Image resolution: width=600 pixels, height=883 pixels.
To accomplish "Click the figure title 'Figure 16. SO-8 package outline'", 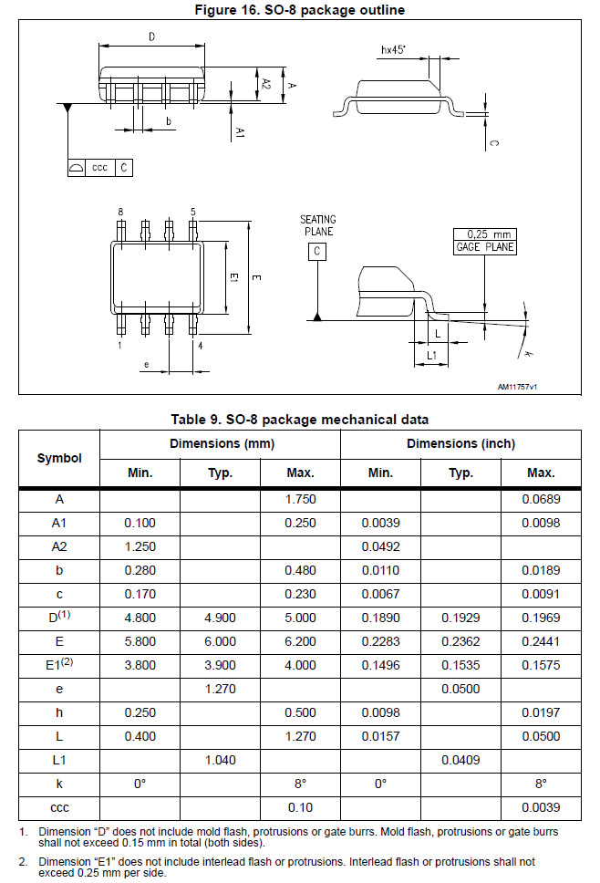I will (x=300, y=10).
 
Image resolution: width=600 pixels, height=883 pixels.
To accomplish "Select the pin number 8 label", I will (x=120, y=212).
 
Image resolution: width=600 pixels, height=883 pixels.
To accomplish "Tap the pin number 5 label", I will (x=192, y=212).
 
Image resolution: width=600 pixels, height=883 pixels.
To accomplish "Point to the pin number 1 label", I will (x=120, y=346).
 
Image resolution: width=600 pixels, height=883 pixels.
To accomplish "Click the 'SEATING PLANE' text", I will (x=317, y=225).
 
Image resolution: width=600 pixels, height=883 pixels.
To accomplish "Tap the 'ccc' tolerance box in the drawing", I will (x=99, y=168).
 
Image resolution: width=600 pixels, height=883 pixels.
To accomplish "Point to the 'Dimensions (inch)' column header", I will (x=460, y=444).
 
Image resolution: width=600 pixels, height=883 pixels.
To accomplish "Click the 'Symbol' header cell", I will (x=59, y=458).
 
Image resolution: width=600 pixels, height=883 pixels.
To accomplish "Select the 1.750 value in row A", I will (x=300, y=499).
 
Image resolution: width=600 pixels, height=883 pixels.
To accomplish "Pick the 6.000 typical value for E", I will (x=220, y=641).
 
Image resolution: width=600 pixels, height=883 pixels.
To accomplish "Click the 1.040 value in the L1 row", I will (x=220, y=760).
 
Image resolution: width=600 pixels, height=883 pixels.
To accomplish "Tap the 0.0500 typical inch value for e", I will (x=460, y=689).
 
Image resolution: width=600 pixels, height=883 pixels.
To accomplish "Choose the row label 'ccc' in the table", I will (x=59, y=807).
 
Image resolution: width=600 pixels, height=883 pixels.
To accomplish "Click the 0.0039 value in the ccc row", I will (x=541, y=807).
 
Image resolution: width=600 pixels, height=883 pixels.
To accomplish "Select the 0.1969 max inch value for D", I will (x=541, y=618).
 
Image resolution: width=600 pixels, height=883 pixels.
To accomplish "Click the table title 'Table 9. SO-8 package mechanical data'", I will (x=300, y=420).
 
